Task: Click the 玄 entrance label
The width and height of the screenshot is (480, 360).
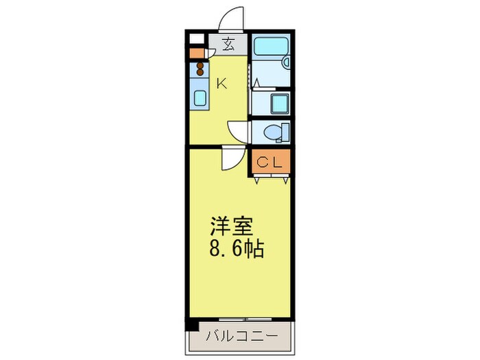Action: [x=228, y=44]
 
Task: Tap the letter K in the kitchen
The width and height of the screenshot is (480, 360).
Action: [x=221, y=83]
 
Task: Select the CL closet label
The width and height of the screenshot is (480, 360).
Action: [x=269, y=163]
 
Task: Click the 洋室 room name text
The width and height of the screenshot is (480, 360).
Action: [x=232, y=226]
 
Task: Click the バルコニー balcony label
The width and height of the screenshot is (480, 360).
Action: [x=242, y=336]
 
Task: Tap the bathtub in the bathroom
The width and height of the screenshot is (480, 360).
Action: [x=271, y=46]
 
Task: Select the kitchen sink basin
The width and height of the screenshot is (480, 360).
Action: [x=200, y=98]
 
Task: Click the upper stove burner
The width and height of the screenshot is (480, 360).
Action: [x=200, y=66]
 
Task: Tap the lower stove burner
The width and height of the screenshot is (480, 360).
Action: [x=200, y=73]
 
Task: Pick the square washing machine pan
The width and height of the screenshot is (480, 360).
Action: [x=280, y=104]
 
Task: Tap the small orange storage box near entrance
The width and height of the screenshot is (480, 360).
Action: [x=197, y=53]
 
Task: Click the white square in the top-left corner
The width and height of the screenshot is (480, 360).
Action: [x=197, y=39]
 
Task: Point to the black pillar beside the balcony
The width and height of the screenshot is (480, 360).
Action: [x=192, y=324]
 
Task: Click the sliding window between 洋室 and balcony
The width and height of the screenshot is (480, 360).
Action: [x=245, y=320]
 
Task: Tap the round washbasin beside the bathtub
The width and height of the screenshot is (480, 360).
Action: [x=286, y=62]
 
